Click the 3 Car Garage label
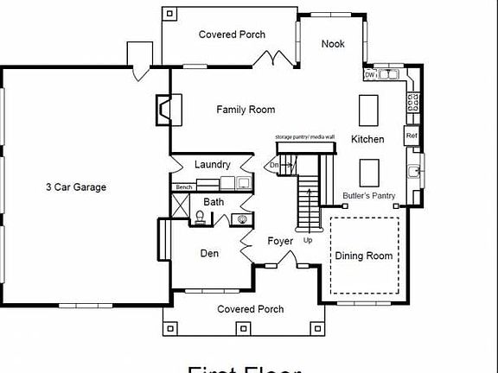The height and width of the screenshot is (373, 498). click(x=76, y=186)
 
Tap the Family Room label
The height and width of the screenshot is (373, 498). click(x=246, y=110)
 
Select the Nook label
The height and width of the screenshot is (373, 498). click(x=333, y=44)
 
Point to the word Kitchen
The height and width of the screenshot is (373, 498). click(x=367, y=139)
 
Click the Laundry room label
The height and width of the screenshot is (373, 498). click(x=212, y=164)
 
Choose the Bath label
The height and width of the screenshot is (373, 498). click(x=214, y=202)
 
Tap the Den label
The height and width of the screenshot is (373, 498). click(x=209, y=254)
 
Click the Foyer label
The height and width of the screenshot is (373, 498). click(x=280, y=241)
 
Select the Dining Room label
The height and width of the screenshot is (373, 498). click(x=364, y=256)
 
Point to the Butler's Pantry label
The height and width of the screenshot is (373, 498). click(x=369, y=196)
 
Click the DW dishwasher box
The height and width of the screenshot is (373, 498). click(x=370, y=75)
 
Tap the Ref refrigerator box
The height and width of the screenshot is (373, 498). click(x=412, y=136)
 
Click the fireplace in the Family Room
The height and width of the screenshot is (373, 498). click(x=163, y=108)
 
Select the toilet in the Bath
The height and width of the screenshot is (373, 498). click(x=199, y=217)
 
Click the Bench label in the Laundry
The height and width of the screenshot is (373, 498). click(x=183, y=186)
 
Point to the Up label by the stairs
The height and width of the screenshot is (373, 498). click(x=308, y=240)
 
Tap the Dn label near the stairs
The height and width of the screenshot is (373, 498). click(x=275, y=164)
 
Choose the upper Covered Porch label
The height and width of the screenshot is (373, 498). click(x=232, y=35)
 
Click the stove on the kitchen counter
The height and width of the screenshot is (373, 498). click(x=413, y=102)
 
